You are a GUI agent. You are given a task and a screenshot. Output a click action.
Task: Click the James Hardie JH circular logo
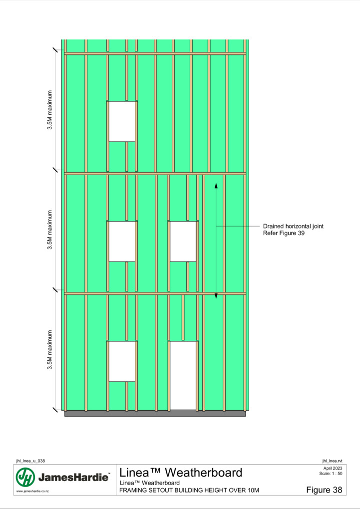[25, 477]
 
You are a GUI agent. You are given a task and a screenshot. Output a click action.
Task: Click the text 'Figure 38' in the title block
[324, 490]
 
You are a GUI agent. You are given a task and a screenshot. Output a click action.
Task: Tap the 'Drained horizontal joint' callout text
[293, 226]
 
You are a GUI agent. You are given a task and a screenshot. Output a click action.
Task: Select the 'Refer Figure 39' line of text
[284, 233]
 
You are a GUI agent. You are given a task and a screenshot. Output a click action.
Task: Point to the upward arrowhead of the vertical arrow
[216, 185]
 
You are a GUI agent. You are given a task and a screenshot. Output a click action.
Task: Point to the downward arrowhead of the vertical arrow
[216, 296]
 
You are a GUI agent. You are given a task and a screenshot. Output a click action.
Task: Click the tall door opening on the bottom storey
[183, 376]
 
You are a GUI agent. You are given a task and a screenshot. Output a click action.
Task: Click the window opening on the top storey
[122, 121]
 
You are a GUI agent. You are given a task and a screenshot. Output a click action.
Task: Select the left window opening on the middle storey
[122, 242]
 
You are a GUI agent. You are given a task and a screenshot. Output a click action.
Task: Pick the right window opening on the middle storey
[183, 242]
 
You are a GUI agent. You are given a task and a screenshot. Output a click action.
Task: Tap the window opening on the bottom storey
[122, 361]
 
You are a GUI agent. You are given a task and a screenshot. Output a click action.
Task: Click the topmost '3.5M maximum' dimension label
[50, 110]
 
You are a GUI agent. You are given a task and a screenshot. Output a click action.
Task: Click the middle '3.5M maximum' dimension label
[50, 230]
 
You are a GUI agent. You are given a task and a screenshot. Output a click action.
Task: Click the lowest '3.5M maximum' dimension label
[50, 350]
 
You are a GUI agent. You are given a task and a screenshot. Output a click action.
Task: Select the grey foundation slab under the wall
[155, 413]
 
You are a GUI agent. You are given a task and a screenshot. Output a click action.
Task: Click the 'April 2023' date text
[333, 468]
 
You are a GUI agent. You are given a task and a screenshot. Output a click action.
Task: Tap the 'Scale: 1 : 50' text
[331, 474]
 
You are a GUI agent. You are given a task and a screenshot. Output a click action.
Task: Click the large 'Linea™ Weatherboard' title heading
[181, 472]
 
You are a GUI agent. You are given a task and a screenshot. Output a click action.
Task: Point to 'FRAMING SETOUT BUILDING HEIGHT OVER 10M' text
[189, 490]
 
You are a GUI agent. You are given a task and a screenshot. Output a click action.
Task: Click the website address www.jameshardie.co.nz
[32, 491]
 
